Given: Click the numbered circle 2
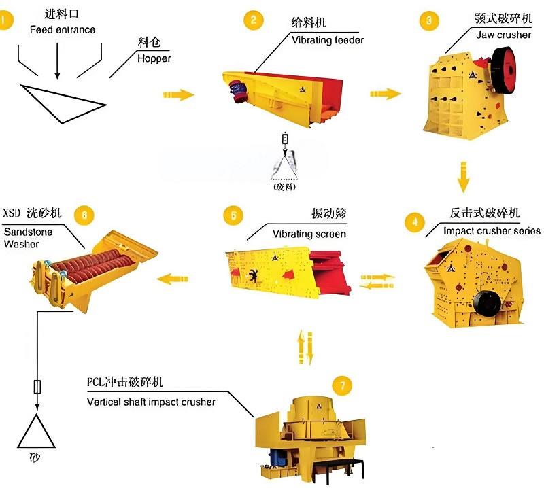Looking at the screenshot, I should click(x=253, y=20).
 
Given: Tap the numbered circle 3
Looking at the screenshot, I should click(x=428, y=20).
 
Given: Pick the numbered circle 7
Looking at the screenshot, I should click(x=343, y=385).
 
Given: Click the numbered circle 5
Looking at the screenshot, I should click(x=233, y=216).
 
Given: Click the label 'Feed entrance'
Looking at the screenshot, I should click(x=63, y=30).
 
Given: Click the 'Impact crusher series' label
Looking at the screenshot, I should click(x=492, y=231).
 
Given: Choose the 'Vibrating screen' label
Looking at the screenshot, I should click(x=309, y=234).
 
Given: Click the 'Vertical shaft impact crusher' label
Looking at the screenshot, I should click(x=151, y=402).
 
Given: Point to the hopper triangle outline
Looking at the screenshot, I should click(x=63, y=102).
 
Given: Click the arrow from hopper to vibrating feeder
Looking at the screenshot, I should click(x=178, y=94).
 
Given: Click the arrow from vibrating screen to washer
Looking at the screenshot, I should click(x=173, y=277).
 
